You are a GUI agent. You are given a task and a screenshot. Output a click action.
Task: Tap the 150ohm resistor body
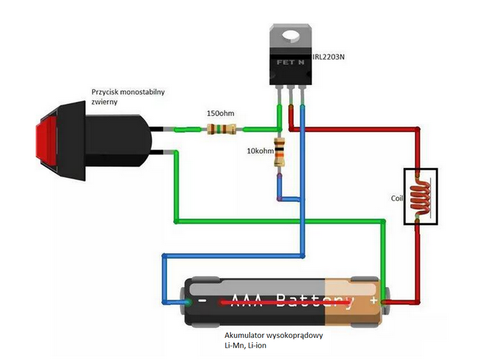point(221,130)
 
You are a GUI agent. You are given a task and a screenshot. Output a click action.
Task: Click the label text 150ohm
point(222,114)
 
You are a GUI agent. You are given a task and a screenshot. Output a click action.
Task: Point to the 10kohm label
point(259,151)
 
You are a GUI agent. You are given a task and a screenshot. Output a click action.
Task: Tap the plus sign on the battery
point(374,300)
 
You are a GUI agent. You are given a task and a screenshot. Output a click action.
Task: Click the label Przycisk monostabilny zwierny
point(128,97)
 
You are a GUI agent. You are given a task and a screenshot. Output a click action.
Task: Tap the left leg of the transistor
point(279,96)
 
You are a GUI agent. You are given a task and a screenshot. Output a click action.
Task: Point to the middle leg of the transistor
point(290,96)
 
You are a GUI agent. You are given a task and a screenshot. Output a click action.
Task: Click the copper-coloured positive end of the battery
point(354,301)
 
